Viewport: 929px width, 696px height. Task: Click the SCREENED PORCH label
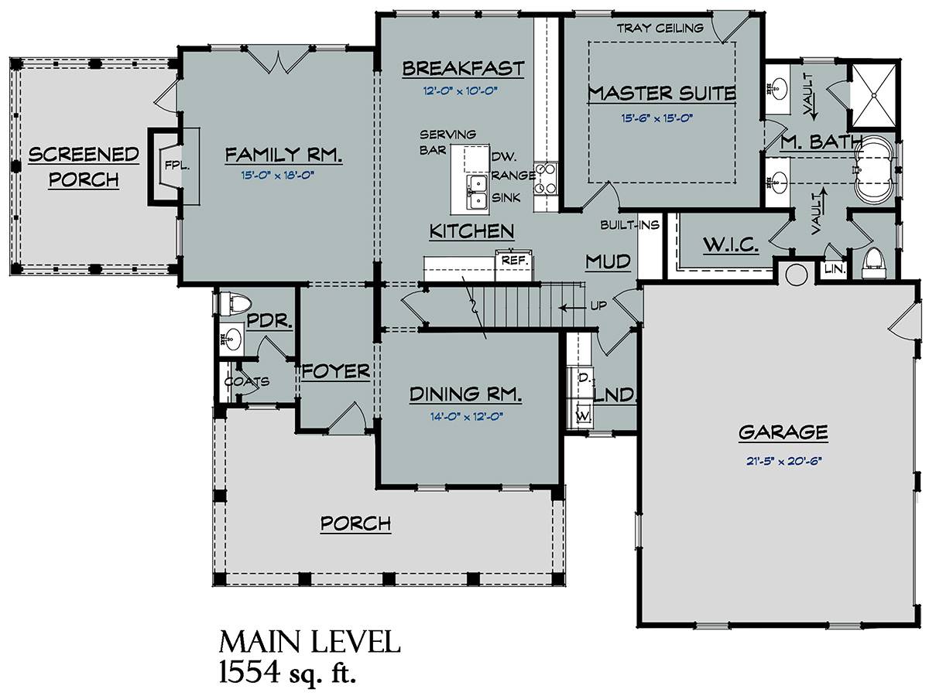pos(84,167)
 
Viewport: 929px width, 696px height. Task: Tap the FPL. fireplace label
pos(177,166)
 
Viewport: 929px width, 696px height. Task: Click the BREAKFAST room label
pos(464,69)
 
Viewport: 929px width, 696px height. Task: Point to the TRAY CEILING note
pos(660,29)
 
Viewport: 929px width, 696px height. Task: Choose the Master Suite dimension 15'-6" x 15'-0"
pos(656,118)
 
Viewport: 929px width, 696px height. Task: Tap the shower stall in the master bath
pos(874,95)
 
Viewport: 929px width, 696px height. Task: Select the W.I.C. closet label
pos(731,244)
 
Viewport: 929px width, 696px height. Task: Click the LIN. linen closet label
pos(835,269)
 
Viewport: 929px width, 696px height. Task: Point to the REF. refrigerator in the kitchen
pos(515,265)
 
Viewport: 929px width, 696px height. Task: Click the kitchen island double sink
pos(477,193)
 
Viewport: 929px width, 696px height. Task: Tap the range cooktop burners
pos(546,179)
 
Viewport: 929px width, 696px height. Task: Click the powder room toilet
pos(236,303)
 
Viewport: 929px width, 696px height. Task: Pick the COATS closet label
pos(247,381)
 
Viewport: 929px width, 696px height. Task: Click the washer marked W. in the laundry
pos(583,415)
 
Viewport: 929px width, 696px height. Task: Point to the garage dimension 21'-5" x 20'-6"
pos(783,461)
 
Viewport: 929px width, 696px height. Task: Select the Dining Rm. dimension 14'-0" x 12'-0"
pos(466,417)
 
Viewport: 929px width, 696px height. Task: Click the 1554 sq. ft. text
pos(287,672)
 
